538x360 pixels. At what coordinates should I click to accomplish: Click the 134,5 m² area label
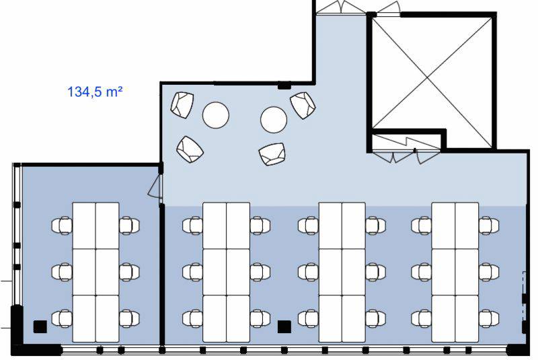95,92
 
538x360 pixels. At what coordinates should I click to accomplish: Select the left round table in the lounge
215,115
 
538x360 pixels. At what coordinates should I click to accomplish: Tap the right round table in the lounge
274,119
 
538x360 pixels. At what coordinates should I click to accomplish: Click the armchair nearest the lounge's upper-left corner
182,105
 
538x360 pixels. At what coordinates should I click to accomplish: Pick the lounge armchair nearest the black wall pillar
303,105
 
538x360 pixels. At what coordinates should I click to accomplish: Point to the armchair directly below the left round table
190,149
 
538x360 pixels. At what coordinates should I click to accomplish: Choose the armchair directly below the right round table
272,154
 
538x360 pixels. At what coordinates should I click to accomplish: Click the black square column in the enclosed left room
40,326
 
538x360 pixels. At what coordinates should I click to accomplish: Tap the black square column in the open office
284,327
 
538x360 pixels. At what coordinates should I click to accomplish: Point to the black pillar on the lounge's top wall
284,85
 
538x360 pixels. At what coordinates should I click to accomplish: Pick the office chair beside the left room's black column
62,318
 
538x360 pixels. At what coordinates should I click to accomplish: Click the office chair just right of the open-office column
309,318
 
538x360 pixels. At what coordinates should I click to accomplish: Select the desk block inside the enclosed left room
95,273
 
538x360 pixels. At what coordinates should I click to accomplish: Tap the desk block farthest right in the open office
455,273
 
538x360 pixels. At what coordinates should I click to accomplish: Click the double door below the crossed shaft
393,156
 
